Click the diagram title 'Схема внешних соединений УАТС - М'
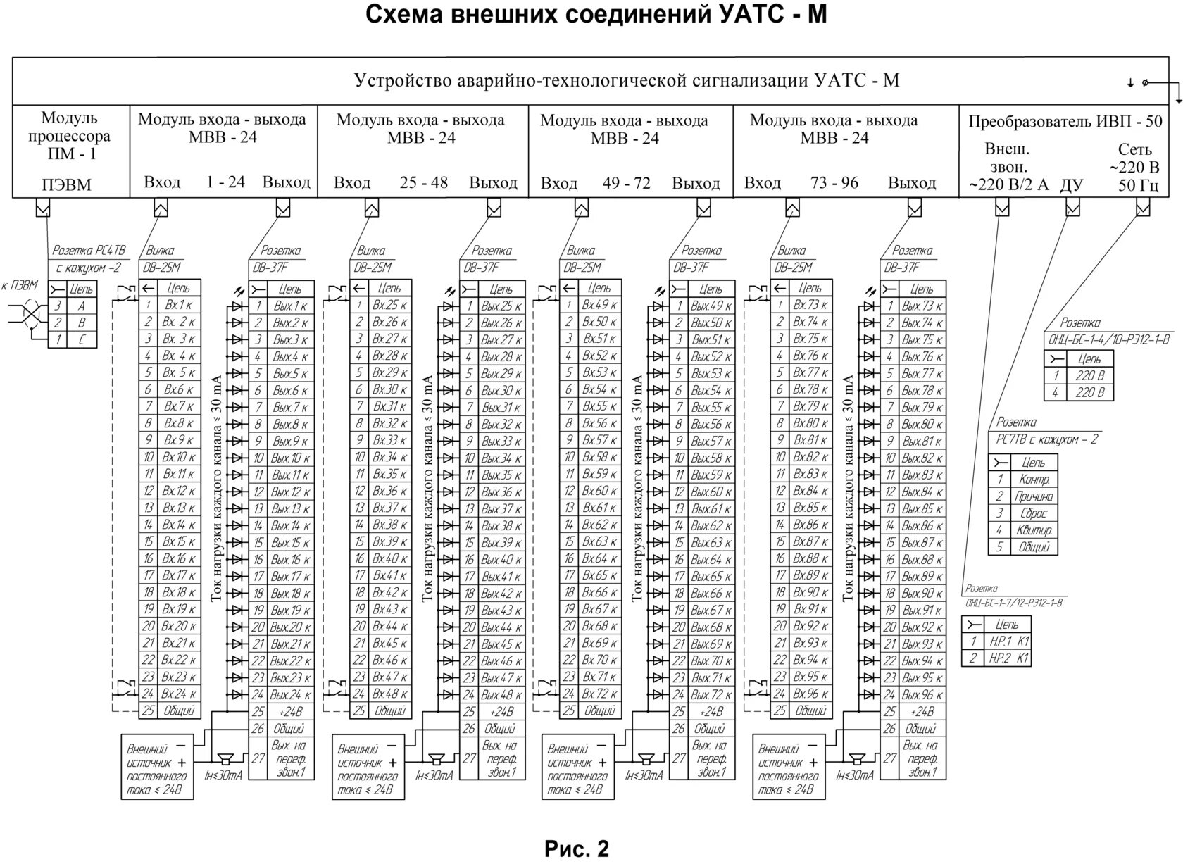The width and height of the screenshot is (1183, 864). (596, 15)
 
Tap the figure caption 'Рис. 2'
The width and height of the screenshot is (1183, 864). (577, 849)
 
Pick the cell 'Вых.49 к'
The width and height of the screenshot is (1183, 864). (711, 306)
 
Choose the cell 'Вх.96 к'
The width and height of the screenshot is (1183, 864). (810, 694)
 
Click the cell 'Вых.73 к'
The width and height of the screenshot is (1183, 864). (922, 306)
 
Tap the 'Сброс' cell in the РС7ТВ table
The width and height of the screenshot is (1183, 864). (1033, 513)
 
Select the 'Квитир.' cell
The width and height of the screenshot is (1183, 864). (1033, 530)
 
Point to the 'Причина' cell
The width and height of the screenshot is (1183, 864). (1033, 496)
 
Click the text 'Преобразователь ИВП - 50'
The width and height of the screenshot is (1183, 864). (1065, 121)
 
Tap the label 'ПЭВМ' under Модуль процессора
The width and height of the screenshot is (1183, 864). (67, 184)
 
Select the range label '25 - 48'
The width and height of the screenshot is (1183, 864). (424, 182)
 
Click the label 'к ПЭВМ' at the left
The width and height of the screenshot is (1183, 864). (20, 285)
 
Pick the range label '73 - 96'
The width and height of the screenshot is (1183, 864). (834, 182)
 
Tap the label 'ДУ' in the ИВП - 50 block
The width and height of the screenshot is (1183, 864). (1071, 184)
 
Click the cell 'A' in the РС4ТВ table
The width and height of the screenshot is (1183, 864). (82, 306)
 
